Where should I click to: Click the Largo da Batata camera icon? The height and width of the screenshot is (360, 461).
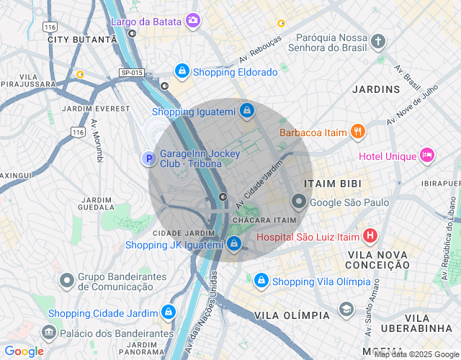click(192, 21)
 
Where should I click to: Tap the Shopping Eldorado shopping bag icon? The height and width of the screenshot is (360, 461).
click(182, 71)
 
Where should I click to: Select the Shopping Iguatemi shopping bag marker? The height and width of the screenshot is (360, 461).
click(247, 111)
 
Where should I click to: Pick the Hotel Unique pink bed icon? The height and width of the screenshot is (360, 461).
click(428, 155)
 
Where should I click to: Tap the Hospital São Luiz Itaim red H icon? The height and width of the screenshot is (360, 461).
click(370, 235)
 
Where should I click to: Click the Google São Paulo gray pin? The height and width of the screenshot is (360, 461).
click(298, 202)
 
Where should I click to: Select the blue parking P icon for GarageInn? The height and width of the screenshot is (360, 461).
click(148, 158)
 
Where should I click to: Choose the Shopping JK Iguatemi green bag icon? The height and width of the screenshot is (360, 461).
click(234, 244)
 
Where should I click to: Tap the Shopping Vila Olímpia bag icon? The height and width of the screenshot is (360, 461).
click(261, 280)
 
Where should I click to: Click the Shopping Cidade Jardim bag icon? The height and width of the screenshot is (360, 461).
click(169, 312)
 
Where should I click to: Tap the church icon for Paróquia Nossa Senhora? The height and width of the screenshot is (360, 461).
click(379, 41)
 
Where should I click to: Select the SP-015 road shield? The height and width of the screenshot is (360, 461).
click(132, 73)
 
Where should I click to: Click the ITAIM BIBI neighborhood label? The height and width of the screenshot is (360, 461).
click(331, 184)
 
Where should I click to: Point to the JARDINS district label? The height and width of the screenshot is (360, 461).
click(375, 89)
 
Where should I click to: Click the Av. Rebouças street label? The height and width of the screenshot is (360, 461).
click(259, 50)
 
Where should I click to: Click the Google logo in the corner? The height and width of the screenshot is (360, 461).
click(24, 351)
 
